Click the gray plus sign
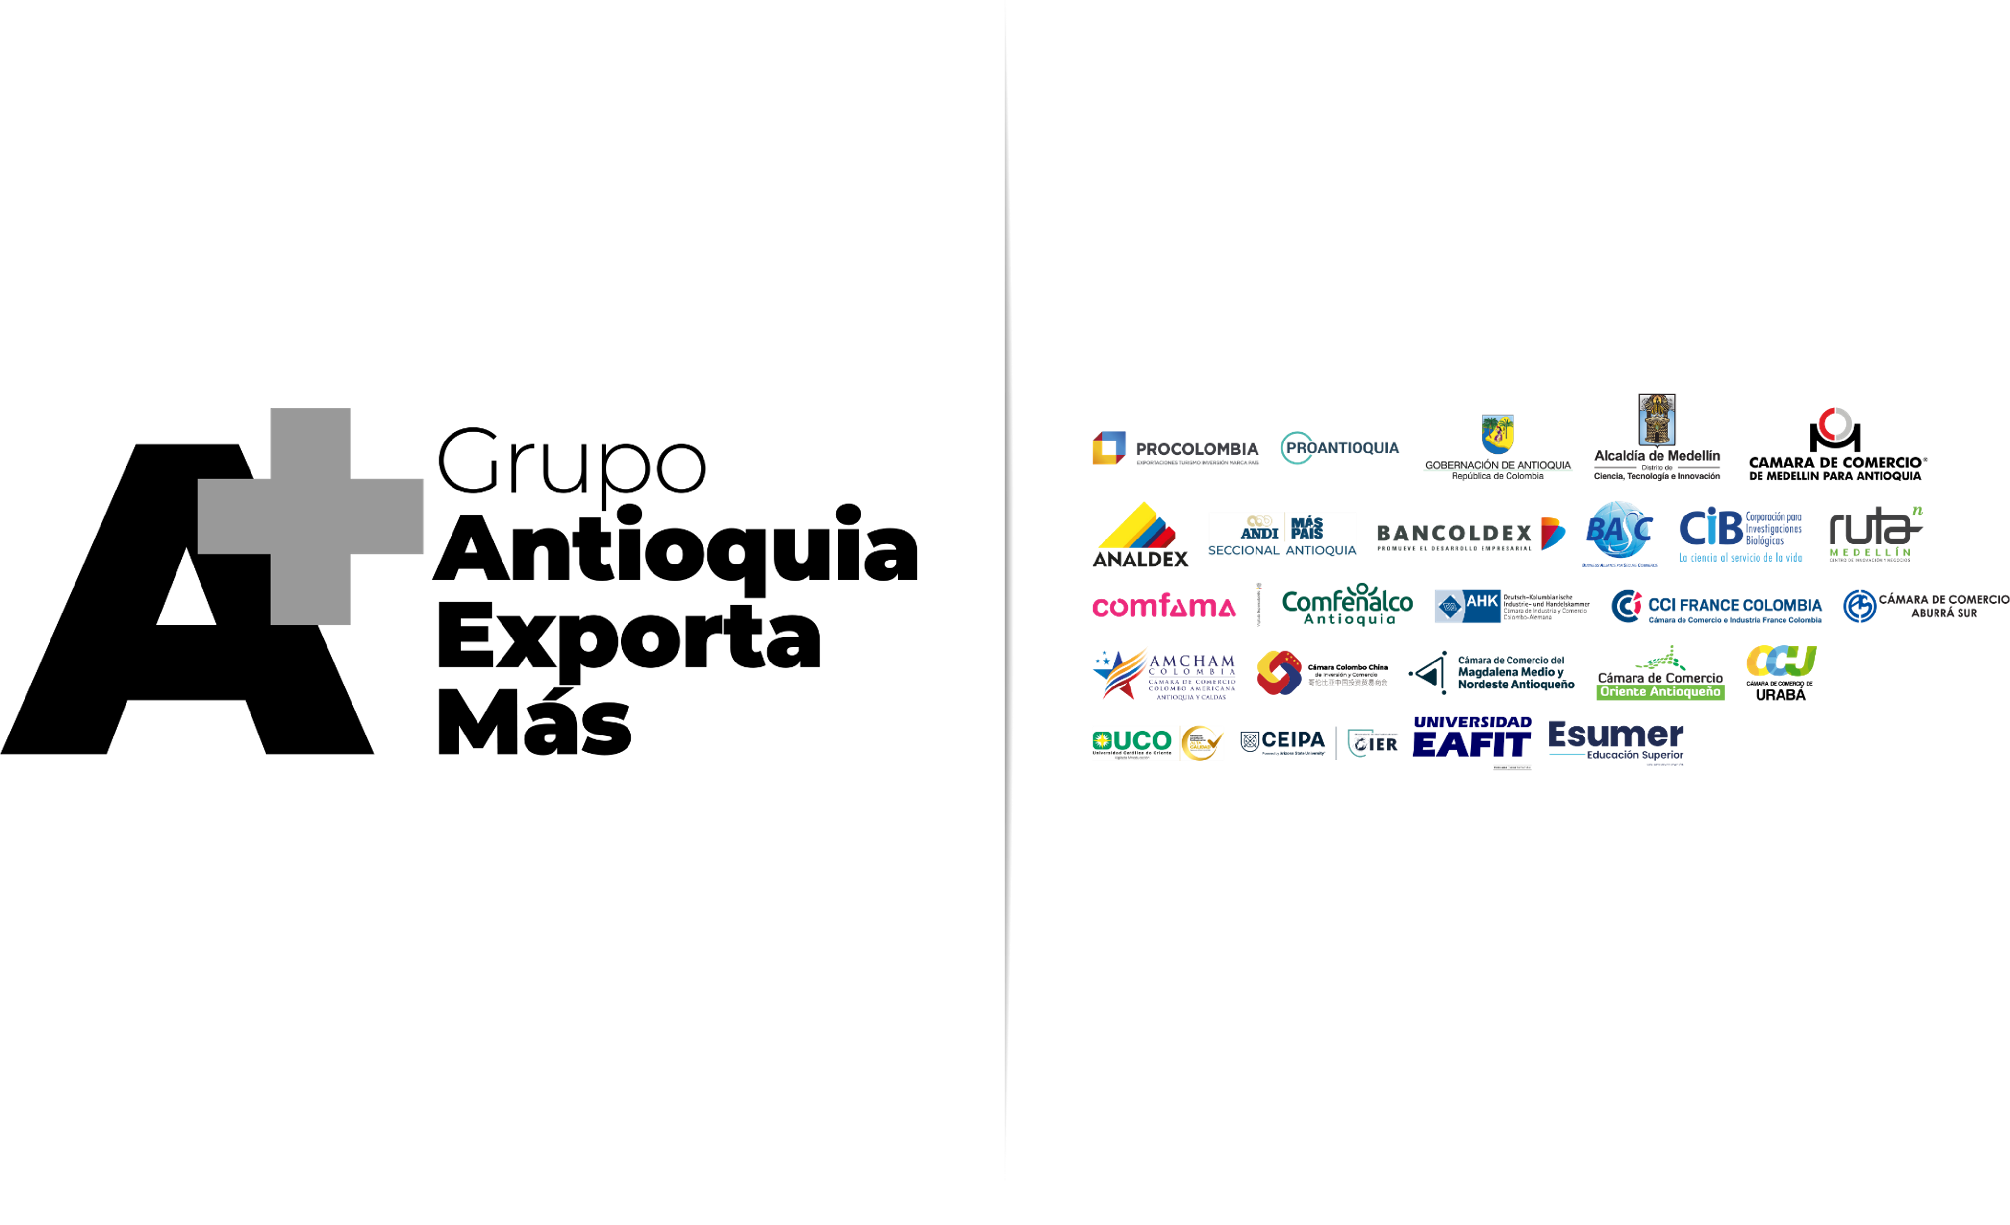(311, 516)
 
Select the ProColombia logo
(1175, 448)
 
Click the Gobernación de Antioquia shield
(1498, 432)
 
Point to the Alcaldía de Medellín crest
(1657, 420)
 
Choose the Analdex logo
(1140, 534)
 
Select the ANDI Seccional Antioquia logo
(1282, 534)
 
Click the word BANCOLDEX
(1454, 534)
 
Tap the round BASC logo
(1618, 531)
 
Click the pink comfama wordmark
(1163, 606)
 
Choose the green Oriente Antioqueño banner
(1660, 691)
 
